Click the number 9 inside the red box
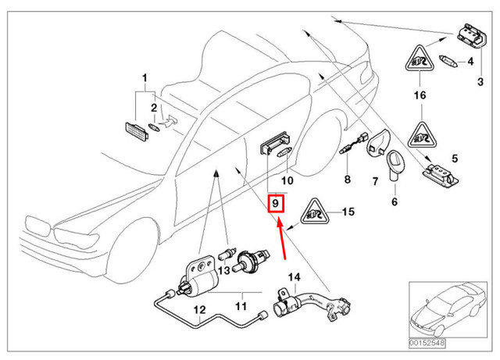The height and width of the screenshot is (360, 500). coord(276,205)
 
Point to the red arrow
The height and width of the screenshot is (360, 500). coord(282,239)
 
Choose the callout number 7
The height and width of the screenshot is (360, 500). coord(374,180)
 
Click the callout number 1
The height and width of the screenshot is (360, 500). coord(144,78)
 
